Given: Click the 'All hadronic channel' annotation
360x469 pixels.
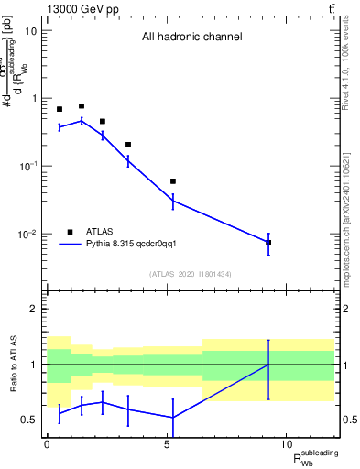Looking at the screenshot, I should click(x=191, y=38).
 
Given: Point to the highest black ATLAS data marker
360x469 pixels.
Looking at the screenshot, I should click(x=82, y=106).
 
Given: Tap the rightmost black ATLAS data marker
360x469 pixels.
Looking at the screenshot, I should click(x=268, y=243).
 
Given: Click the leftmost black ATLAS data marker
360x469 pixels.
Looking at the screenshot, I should click(x=60, y=109).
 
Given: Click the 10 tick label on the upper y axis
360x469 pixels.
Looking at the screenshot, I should click(x=31, y=30).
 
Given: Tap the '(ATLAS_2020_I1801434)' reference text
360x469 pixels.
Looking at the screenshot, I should click(x=191, y=274).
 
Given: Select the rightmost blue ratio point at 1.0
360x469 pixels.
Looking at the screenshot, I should click(x=268, y=365).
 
